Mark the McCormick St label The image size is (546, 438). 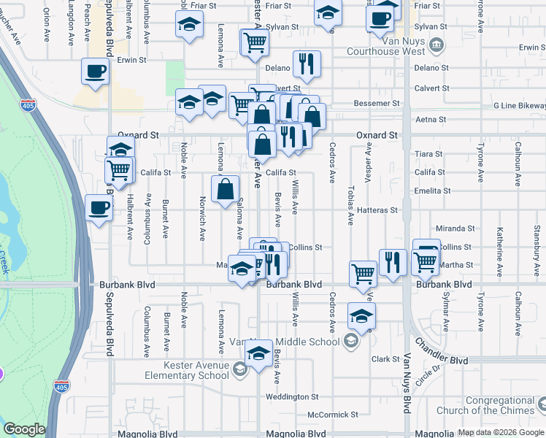(x=333, y=415)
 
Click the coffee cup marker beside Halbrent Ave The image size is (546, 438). (x=99, y=207)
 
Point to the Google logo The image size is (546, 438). (x=24, y=429)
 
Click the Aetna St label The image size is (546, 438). (x=430, y=120)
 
